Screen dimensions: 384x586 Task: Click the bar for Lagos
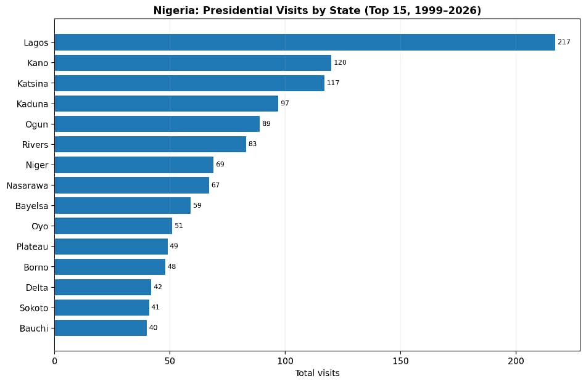tap(305, 42)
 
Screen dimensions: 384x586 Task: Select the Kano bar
tap(192, 63)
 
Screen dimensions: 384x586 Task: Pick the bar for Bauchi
tap(101, 328)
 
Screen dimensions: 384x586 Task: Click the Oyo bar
tap(113, 226)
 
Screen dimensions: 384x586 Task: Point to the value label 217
tap(564, 42)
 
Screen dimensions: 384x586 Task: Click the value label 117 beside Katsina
tap(333, 83)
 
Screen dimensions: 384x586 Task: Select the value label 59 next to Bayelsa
tap(197, 205)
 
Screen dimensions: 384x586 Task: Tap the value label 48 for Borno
tap(171, 267)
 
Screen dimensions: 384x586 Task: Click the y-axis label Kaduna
tap(32, 104)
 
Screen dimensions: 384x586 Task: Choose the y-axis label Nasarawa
tap(27, 185)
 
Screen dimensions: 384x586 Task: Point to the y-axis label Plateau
tap(32, 247)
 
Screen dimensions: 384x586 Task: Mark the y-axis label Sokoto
tap(34, 308)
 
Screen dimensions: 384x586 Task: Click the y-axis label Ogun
tap(36, 124)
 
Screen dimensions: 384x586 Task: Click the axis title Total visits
tap(317, 373)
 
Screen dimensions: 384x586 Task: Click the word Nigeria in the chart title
tap(175, 10)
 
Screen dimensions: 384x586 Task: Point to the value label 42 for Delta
tap(158, 287)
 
